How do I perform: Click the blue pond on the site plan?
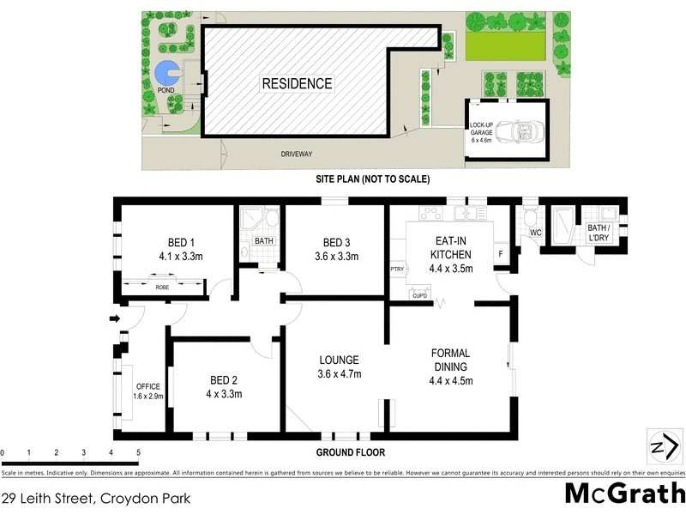coord(165,74)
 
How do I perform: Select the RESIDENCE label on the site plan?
coord(297,84)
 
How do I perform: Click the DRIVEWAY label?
coord(297,154)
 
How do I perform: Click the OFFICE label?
coord(147,386)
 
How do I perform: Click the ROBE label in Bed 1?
coord(162,287)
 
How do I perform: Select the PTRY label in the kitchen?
coord(396,268)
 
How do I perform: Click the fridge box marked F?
coord(502,254)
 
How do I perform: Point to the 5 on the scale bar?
coord(138,451)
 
